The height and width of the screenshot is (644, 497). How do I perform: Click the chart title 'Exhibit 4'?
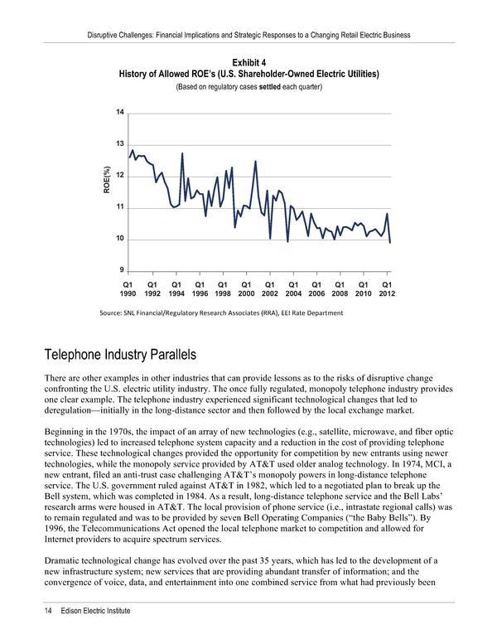248,62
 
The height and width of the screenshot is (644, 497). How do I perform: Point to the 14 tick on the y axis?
120,112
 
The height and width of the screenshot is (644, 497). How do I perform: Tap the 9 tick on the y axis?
120,271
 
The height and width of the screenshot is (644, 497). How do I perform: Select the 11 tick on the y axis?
120,207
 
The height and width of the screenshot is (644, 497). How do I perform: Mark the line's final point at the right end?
390,242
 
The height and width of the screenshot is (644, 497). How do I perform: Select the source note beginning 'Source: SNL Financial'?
220,312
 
